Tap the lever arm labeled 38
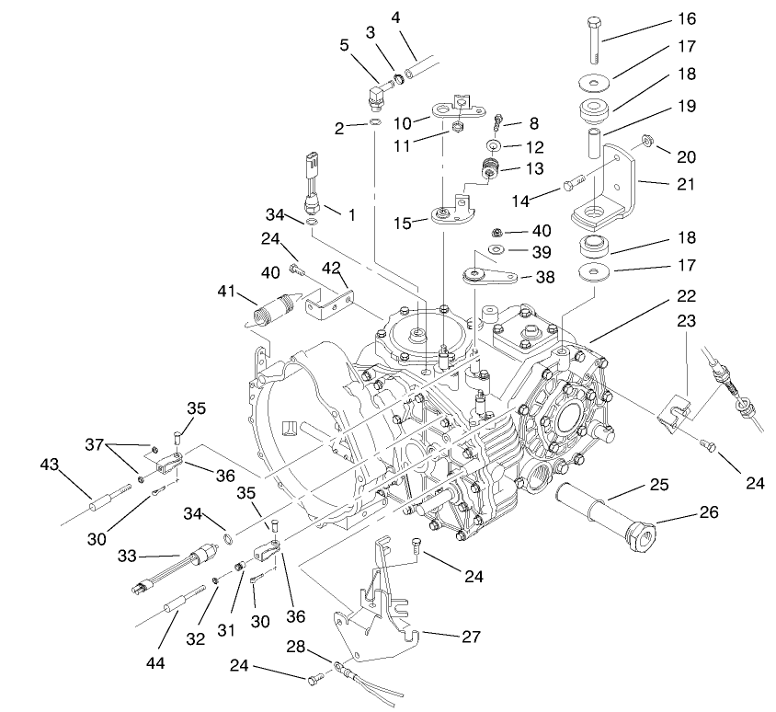click(487, 276)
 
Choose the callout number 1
click(351, 213)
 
